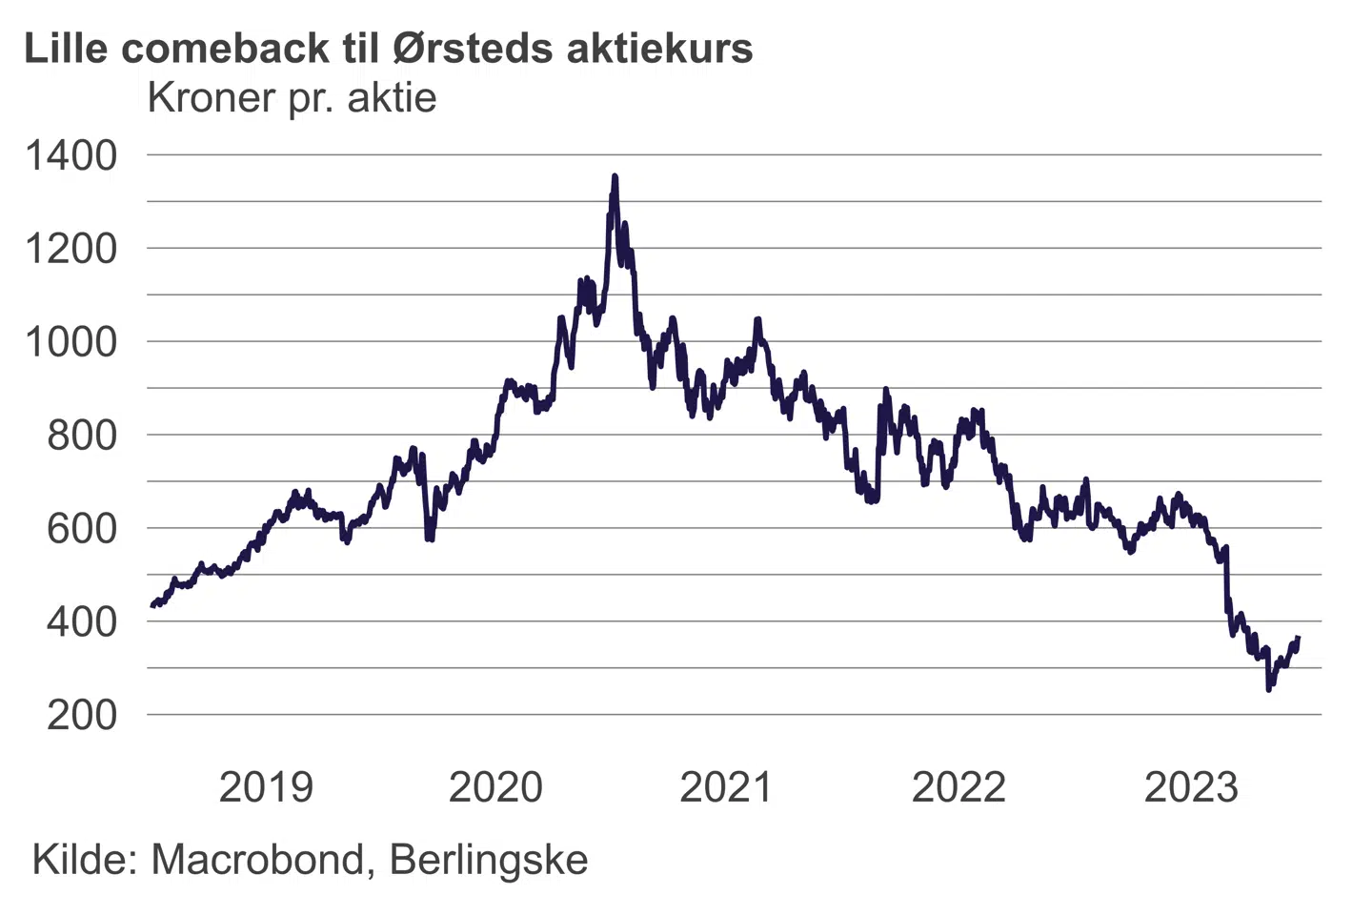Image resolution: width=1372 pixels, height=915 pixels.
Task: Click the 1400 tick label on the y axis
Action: (x=71, y=155)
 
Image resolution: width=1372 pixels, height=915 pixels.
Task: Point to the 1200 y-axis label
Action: (x=71, y=249)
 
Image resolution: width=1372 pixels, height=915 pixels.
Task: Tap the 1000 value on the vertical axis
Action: (x=71, y=342)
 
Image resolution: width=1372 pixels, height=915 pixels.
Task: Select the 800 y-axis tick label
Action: (x=82, y=436)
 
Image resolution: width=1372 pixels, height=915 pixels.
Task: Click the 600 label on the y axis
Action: (x=82, y=528)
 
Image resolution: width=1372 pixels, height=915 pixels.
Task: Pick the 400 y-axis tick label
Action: (x=82, y=621)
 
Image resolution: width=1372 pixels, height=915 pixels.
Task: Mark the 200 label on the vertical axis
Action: (x=82, y=715)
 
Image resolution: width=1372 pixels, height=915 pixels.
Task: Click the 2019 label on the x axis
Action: (x=266, y=787)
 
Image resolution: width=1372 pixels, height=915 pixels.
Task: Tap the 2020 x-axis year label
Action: (x=495, y=787)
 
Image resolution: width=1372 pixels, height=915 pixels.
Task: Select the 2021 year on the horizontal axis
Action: (x=726, y=787)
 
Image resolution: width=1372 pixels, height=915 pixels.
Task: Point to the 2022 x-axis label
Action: (x=958, y=787)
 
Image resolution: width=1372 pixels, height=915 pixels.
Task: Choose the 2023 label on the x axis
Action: (x=1191, y=787)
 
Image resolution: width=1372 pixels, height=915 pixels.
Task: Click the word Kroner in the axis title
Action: (x=211, y=97)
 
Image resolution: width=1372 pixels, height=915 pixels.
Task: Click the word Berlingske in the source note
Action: (x=489, y=860)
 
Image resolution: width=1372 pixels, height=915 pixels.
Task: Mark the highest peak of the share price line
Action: (x=615, y=177)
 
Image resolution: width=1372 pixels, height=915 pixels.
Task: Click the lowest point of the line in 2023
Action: (x=1268, y=688)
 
